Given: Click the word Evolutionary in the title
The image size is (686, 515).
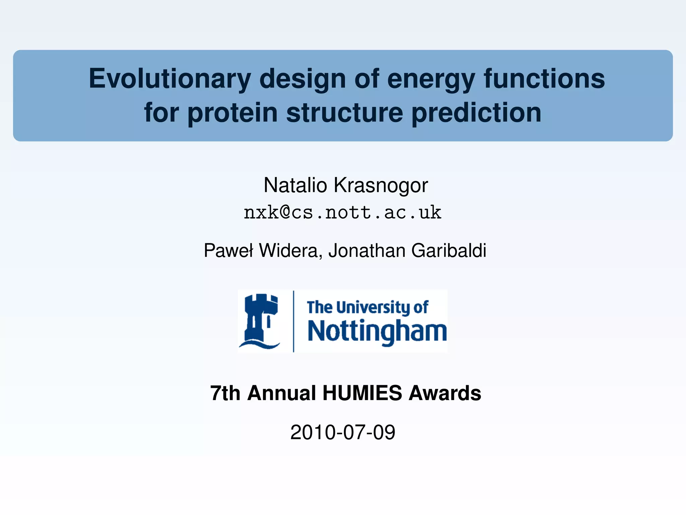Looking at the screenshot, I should coord(169,79).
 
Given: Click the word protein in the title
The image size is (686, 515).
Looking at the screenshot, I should coord(232,113).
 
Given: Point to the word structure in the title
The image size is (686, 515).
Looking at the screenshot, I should coord(345,113).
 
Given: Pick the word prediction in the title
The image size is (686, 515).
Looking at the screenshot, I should coord(476,113).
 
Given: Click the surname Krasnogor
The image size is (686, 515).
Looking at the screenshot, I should coord(381,185).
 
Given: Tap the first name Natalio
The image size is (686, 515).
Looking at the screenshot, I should coord(295,185).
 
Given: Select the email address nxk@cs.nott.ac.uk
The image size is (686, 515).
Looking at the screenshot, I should coord(342,213).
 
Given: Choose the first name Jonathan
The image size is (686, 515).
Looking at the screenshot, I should coord(367,250).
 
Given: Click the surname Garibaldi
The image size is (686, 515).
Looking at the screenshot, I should coord(449,250).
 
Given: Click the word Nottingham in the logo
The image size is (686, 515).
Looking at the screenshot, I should coord(377,331).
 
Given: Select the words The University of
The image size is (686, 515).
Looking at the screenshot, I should coord(367,307).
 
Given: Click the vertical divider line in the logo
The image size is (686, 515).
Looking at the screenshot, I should coord(294,321).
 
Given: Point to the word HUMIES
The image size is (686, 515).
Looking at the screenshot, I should coord(362,393).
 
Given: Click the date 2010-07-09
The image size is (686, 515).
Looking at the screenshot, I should coord(343,432).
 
